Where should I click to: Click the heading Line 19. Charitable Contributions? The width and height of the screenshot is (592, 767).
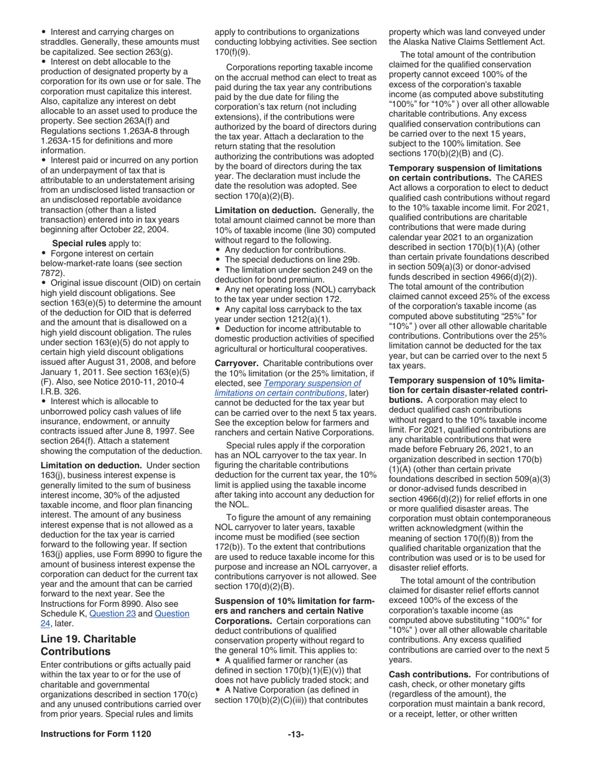tap(88, 645)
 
